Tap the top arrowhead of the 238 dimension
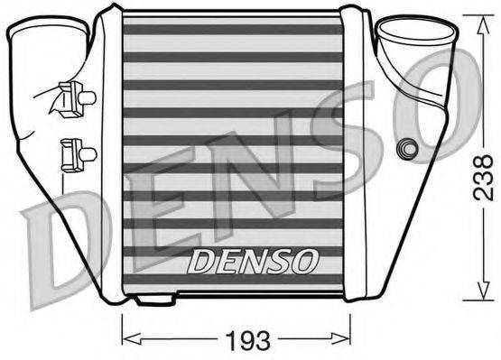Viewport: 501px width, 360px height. tap(476, 18)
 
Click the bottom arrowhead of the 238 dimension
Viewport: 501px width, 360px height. tap(476, 298)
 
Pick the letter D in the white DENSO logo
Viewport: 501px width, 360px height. tap(199, 263)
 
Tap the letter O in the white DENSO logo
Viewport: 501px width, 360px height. tap(307, 263)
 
